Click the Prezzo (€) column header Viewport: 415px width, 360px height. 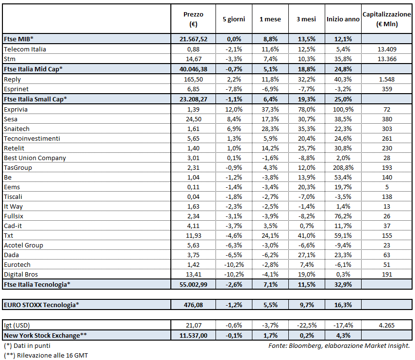[193, 19]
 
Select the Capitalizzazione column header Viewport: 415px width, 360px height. [386, 19]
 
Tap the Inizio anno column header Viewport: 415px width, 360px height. [343, 19]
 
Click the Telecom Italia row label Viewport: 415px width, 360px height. [25, 49]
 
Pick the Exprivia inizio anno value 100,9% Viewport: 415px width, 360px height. [343, 109]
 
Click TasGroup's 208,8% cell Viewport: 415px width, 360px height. [343, 167]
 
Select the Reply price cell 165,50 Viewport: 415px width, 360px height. [193, 79]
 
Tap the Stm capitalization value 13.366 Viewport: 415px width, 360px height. [386, 59]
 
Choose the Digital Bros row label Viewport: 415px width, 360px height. [21, 274]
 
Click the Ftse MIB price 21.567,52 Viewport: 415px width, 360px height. [193, 38]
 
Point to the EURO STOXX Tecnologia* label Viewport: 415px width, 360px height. [41, 305]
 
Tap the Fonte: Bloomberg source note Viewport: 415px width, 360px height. [339, 345]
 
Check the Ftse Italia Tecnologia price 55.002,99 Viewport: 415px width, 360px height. [193, 284]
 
